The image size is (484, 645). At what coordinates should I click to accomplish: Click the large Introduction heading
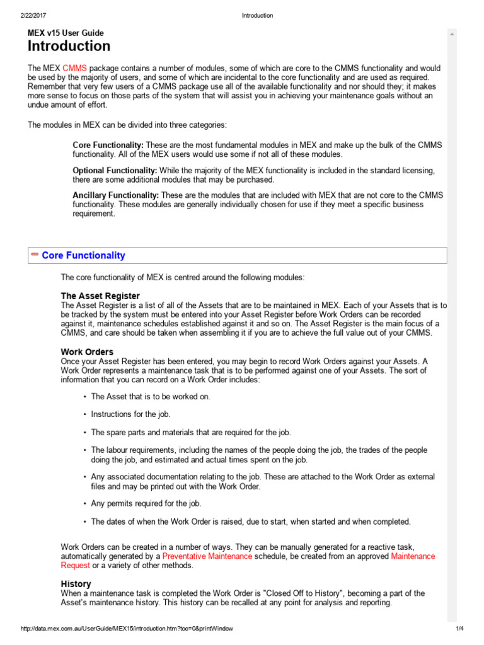click(x=69, y=46)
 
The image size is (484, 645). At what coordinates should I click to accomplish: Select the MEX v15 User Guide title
click(x=66, y=33)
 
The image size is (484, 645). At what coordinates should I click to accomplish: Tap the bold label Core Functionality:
click(x=108, y=145)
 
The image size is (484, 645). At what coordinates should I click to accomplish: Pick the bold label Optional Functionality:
click(x=115, y=171)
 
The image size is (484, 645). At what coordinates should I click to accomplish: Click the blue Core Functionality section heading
click(x=83, y=256)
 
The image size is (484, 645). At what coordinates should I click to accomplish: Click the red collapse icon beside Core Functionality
click(x=35, y=254)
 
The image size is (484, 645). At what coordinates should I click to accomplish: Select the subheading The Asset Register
click(x=100, y=296)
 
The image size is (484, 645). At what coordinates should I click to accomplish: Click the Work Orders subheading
click(x=87, y=351)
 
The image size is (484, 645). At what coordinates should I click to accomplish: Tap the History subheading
click(x=76, y=584)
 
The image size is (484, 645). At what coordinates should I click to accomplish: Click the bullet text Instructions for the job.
click(x=130, y=414)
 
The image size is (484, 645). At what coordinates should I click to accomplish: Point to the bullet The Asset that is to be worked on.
click(x=151, y=396)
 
